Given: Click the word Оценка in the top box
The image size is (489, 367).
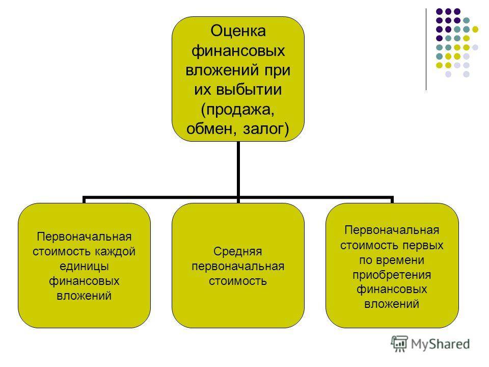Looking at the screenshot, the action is (x=238, y=31).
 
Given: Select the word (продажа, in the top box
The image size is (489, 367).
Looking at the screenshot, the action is (x=238, y=110).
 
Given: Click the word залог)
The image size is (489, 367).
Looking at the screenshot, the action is (x=266, y=129).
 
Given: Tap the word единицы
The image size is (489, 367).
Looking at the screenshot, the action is (x=84, y=266).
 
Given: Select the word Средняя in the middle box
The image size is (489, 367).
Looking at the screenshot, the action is (x=238, y=251).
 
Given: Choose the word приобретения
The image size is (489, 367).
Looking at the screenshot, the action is (x=392, y=275).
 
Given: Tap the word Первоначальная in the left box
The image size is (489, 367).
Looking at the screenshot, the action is (x=84, y=237).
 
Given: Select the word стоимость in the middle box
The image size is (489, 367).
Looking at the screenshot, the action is (x=238, y=281).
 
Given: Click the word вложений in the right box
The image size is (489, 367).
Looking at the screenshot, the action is (x=392, y=304).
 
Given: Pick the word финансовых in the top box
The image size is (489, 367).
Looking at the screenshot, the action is (x=238, y=50).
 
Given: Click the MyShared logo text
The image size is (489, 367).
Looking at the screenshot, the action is (x=440, y=344).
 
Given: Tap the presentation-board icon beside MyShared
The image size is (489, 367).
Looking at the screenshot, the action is (x=399, y=344).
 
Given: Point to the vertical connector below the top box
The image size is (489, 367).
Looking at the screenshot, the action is (x=238, y=169).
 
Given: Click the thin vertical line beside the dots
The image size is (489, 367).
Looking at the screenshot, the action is (x=426, y=49).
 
